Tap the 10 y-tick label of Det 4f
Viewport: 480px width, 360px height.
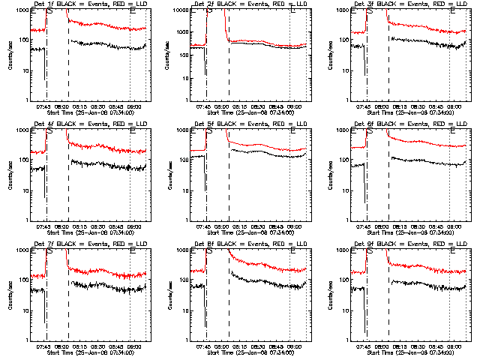click(x=21, y=190)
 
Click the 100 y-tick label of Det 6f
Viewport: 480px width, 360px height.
click(x=340, y=160)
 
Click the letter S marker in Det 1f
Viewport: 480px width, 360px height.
click(x=49, y=12)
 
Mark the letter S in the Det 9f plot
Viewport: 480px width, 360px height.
click(x=370, y=252)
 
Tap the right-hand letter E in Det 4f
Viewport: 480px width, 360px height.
click(x=133, y=132)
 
